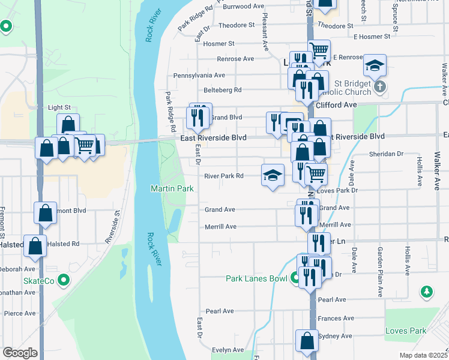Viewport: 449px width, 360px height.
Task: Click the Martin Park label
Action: (172, 188)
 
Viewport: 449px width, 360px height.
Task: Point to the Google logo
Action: (20, 353)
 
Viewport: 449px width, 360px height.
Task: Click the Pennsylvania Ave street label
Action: (199, 76)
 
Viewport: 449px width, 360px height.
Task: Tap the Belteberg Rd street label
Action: (222, 90)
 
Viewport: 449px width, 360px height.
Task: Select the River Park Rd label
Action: (223, 176)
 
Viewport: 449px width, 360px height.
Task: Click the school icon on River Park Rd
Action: (273, 175)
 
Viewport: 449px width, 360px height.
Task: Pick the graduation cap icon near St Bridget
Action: (375, 65)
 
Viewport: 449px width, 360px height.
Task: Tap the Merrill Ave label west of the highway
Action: (220, 226)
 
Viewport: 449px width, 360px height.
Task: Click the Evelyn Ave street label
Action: (227, 350)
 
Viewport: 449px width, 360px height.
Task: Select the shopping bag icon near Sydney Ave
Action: (307, 340)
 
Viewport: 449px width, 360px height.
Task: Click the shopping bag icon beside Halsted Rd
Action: (36, 246)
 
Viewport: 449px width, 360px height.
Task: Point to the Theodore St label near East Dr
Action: (236, 25)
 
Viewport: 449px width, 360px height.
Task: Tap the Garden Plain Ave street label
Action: (380, 271)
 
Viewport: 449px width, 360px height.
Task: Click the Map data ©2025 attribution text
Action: (424, 355)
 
